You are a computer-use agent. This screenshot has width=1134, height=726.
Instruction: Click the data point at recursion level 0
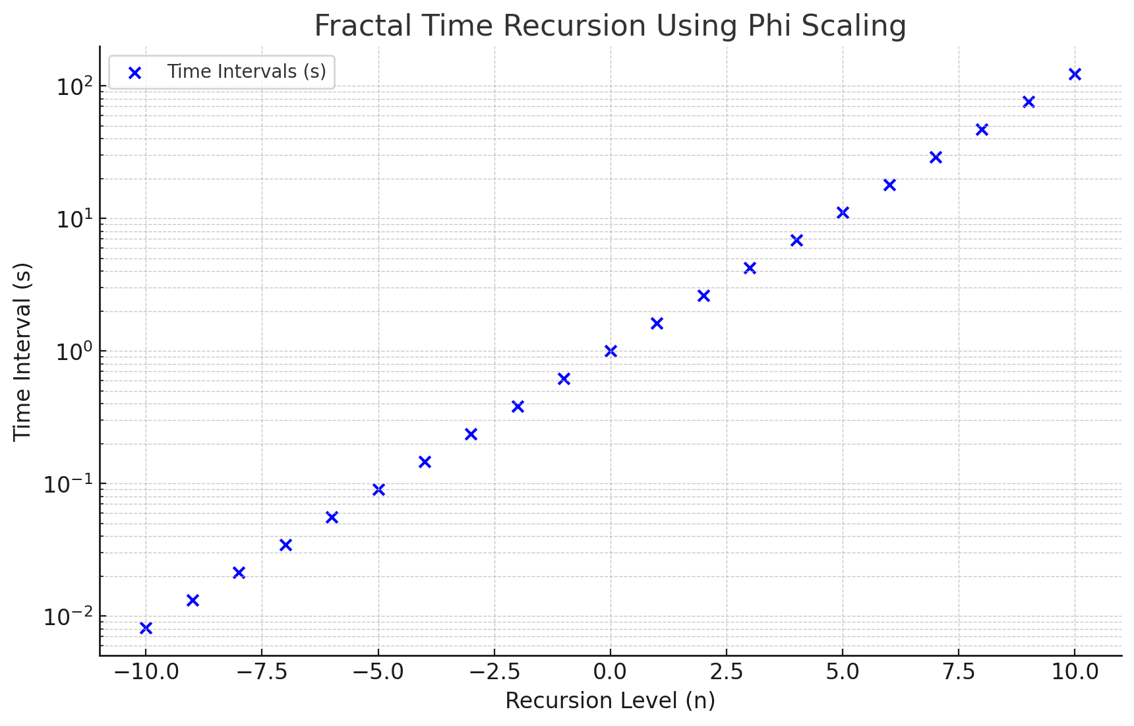pyautogui.click(x=611, y=351)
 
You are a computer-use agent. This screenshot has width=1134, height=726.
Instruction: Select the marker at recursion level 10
pyautogui.click(x=1075, y=74)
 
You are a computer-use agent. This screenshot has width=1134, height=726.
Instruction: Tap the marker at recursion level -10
pyautogui.click(x=146, y=628)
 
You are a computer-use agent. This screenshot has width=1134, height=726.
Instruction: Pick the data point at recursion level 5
pyautogui.click(x=843, y=212)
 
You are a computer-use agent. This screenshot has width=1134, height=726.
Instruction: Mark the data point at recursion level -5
pyautogui.click(x=378, y=489)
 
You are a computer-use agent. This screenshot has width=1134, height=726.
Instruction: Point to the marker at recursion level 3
pyautogui.click(x=750, y=268)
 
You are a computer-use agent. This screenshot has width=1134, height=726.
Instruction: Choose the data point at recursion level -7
pyautogui.click(x=285, y=545)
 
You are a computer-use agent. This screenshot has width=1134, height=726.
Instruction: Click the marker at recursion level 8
pyautogui.click(x=982, y=129)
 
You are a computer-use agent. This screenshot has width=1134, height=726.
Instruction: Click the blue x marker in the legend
pyautogui.click(x=134, y=73)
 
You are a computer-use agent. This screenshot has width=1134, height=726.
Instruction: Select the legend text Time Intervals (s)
pyautogui.click(x=247, y=71)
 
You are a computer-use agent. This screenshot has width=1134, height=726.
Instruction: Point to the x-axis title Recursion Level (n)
pyautogui.click(x=610, y=700)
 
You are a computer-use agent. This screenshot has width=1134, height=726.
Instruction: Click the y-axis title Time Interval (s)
pyautogui.click(x=22, y=351)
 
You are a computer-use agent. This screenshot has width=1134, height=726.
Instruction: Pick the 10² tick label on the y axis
pyautogui.click(x=73, y=87)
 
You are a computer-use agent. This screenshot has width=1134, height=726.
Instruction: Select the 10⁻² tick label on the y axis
pyautogui.click(x=69, y=617)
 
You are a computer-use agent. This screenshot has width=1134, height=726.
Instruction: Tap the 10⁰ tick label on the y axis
pyautogui.click(x=73, y=351)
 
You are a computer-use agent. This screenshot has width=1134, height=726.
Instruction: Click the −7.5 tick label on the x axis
pyautogui.click(x=262, y=673)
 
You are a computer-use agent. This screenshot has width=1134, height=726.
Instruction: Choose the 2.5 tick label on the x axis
pyautogui.click(x=727, y=673)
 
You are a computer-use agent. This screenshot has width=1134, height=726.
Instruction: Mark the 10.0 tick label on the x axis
pyautogui.click(x=1075, y=673)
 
